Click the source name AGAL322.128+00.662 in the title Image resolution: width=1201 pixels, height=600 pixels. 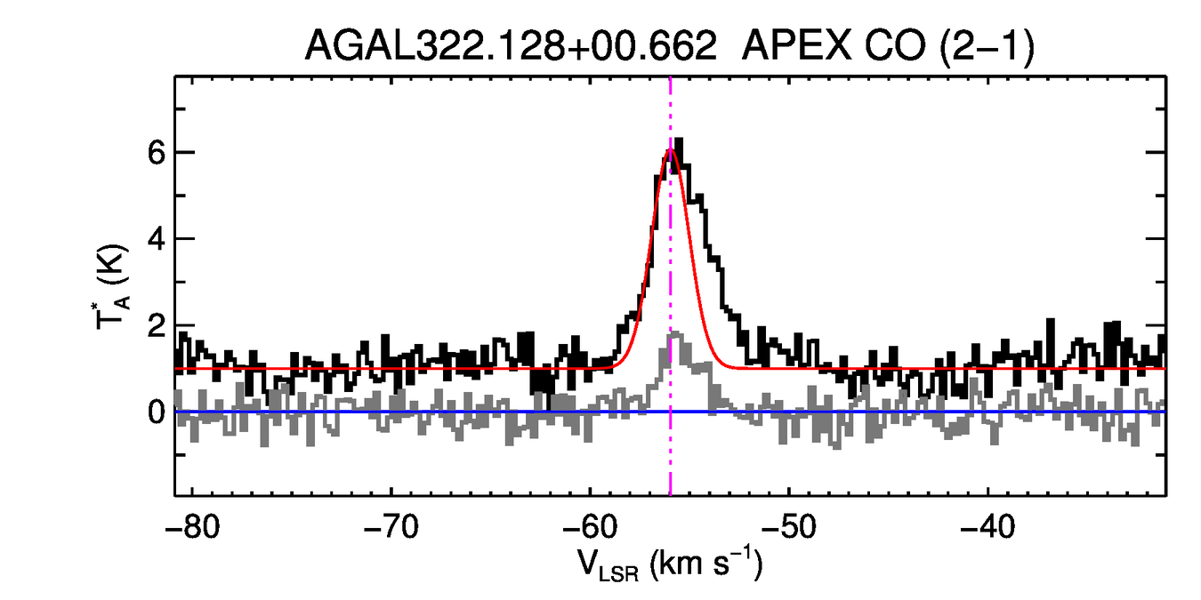[x=511, y=46]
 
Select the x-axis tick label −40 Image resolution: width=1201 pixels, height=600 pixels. [x=987, y=530]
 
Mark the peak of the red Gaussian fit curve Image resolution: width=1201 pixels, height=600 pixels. [x=671, y=148]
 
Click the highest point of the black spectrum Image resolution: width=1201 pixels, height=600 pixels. [x=679, y=140]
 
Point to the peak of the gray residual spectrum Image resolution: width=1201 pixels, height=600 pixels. [x=674, y=333]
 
